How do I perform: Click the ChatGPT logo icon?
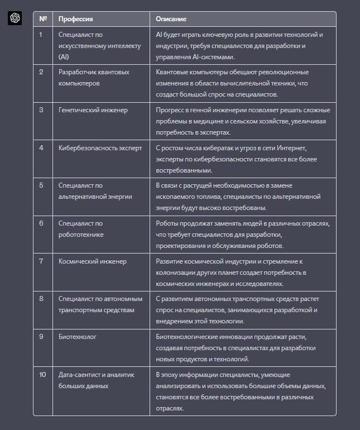click(15, 18)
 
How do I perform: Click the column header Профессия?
click(76, 19)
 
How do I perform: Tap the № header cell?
click(43, 19)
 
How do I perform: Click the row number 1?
click(41, 35)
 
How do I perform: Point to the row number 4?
click(41, 148)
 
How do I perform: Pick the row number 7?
click(41, 261)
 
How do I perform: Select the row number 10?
click(42, 375)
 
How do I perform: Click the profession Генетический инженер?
click(93, 110)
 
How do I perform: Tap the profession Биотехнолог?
click(78, 337)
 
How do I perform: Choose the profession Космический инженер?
click(93, 261)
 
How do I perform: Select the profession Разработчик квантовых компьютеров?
click(94, 78)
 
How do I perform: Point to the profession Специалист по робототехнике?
click(81, 229)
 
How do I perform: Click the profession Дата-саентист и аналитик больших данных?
click(97, 380)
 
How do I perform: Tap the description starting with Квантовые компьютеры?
click(240, 83)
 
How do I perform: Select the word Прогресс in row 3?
click(171, 110)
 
